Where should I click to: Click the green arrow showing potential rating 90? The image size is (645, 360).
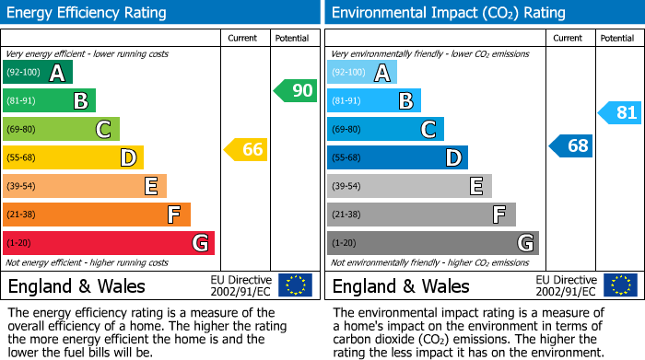[x=295, y=91]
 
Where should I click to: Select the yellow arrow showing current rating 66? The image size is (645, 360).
[x=246, y=149]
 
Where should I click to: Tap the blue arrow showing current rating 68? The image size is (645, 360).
[x=571, y=145]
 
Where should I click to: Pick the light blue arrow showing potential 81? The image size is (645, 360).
[x=619, y=113]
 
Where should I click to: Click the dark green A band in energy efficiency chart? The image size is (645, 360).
[x=37, y=73]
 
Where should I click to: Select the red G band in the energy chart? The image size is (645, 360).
[x=108, y=243]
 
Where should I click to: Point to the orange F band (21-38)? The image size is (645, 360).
[x=96, y=215]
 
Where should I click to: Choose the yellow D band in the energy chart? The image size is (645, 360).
[x=73, y=157]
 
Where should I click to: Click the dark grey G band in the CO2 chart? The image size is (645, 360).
[x=432, y=243]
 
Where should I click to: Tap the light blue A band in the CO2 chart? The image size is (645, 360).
[x=362, y=73]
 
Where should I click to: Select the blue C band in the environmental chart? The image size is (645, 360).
[x=385, y=129]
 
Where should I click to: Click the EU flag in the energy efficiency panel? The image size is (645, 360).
[x=295, y=285]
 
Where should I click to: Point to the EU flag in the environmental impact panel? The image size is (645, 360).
[x=620, y=285]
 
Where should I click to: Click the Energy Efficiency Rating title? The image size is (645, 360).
[x=88, y=13]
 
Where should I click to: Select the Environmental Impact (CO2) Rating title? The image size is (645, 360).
[x=448, y=13]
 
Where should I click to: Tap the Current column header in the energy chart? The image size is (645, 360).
[x=243, y=38]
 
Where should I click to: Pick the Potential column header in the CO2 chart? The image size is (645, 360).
[x=617, y=38]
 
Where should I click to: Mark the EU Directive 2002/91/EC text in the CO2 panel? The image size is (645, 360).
[x=567, y=285]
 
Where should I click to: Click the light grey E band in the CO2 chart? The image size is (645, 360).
[x=409, y=186]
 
